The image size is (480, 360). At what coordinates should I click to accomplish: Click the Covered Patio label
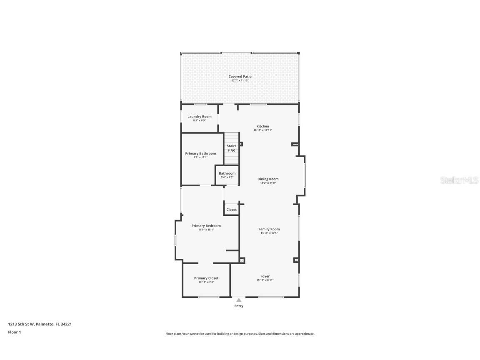tap(240, 77)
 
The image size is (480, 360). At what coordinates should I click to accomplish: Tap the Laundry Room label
tap(199, 117)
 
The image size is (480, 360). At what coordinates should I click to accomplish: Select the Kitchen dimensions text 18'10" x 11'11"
tap(262, 130)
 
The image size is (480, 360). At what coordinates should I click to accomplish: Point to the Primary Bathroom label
tap(200, 153)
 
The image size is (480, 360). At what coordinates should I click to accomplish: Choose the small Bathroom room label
tap(227, 173)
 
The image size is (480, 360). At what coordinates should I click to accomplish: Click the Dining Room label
tap(268, 179)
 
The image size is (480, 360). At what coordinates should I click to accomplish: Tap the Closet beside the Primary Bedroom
tap(231, 210)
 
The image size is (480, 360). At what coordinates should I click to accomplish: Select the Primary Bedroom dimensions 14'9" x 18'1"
tap(206, 230)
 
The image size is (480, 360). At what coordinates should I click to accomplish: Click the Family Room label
tap(269, 229)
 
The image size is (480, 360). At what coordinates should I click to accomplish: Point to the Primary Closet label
tap(206, 278)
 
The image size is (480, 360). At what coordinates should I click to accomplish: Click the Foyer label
tap(265, 276)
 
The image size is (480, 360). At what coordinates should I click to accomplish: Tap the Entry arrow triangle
tap(239, 300)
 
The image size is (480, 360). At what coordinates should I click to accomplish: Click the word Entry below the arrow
tap(239, 306)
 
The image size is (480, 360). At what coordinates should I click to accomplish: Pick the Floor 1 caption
tap(14, 332)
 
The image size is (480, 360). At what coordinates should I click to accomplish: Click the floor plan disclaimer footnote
tap(240, 334)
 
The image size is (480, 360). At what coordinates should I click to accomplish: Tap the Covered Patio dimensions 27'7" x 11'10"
tap(240, 80)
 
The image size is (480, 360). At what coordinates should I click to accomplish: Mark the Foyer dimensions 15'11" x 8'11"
tap(265, 280)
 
